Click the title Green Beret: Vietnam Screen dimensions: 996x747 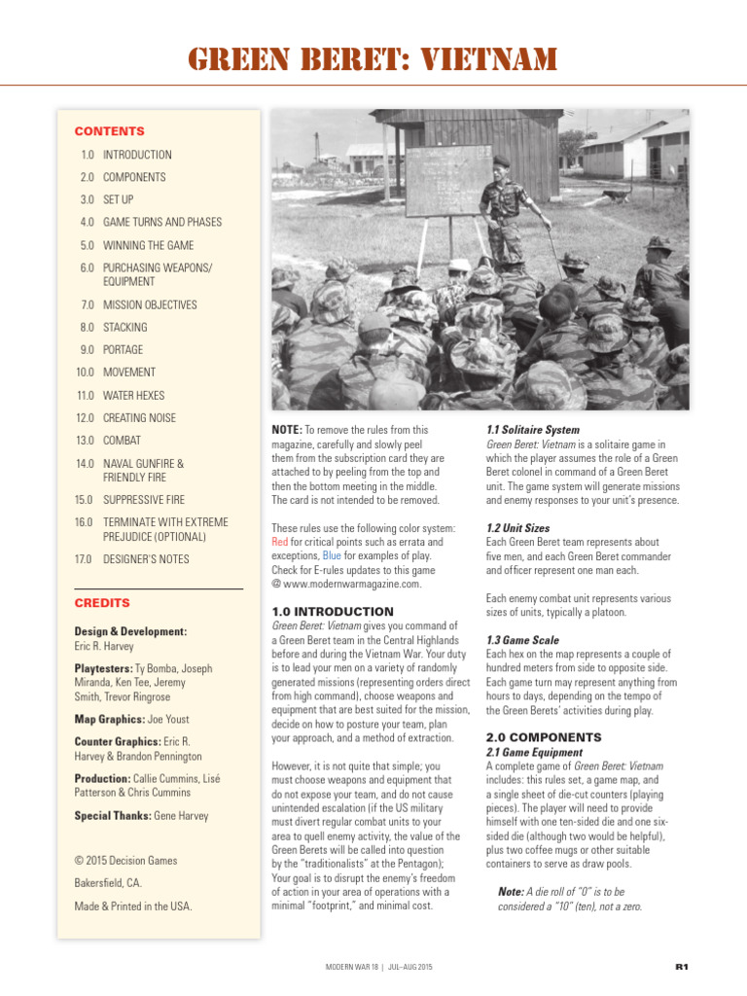pyautogui.click(x=373, y=61)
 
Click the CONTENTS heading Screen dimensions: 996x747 pyautogui.click(x=109, y=131)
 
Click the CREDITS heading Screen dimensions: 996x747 pyautogui.click(x=102, y=603)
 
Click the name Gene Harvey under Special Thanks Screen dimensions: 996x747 pyautogui.click(x=181, y=816)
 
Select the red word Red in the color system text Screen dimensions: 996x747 pyautogui.click(x=279, y=542)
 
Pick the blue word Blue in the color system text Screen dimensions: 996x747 pyautogui.click(x=332, y=556)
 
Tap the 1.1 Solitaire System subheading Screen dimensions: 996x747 pyautogui.click(x=532, y=430)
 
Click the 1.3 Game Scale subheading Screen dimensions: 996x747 pyautogui.click(x=522, y=641)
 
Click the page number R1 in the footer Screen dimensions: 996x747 pyautogui.click(x=682, y=967)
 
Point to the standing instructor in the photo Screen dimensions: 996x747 pyautogui.click(x=506, y=209)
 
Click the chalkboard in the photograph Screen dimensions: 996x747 pyautogui.click(x=448, y=181)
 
